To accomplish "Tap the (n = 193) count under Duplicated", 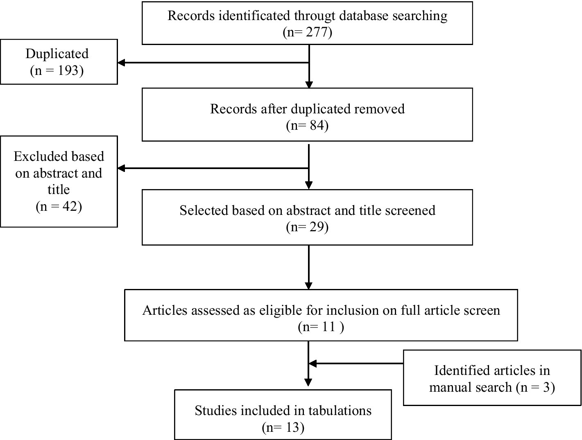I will pyautogui.click(x=57, y=70).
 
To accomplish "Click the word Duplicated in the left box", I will pyautogui.click(x=57, y=54).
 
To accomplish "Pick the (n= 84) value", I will pyautogui.click(x=307, y=125).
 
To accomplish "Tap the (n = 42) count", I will pyautogui.click(x=59, y=206).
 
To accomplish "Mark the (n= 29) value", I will pyautogui.click(x=307, y=227).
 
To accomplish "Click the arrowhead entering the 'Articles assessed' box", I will pyautogui.click(x=309, y=285).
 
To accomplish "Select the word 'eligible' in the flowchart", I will pyautogui.click(x=281, y=310).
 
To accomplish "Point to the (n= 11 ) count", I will pyautogui.click(x=321, y=327).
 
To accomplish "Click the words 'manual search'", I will pyautogui.click(x=471, y=387).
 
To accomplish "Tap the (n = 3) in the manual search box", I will pyautogui.click(x=535, y=387).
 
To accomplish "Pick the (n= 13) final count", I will pyautogui.click(x=283, y=428).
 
